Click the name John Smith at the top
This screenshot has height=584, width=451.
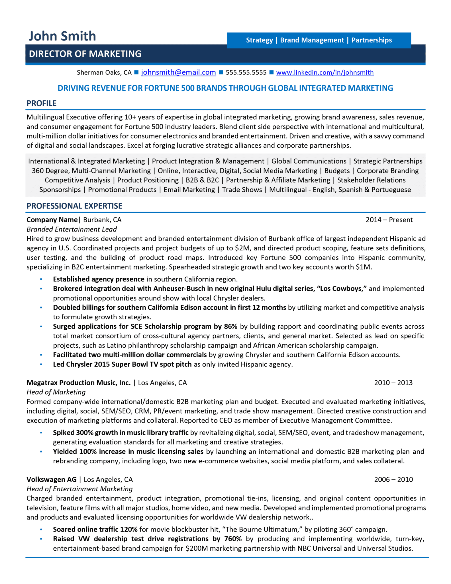point(62,36)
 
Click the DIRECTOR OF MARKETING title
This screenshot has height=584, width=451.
point(85,54)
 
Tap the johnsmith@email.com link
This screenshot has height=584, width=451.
point(178,72)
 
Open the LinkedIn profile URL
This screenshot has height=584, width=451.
point(325,72)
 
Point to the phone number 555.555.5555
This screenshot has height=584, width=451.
point(246,72)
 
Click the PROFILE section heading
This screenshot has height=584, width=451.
point(42,103)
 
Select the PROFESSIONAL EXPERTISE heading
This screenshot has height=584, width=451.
point(74,206)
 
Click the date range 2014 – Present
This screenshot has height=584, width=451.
point(389,220)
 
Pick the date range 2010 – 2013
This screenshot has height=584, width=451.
point(393,383)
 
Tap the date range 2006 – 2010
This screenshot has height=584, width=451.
point(393,479)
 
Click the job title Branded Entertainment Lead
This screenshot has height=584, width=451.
point(72,229)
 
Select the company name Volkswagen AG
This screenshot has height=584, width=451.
point(52,479)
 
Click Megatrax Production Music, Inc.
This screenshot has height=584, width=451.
point(78,383)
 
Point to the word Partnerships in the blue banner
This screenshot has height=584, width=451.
point(372,40)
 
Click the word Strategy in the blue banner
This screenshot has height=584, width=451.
point(259,40)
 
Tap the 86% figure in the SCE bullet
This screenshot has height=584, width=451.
point(230,327)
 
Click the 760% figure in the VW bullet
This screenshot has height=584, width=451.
point(233,539)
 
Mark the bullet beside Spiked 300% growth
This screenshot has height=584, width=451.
point(41,433)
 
